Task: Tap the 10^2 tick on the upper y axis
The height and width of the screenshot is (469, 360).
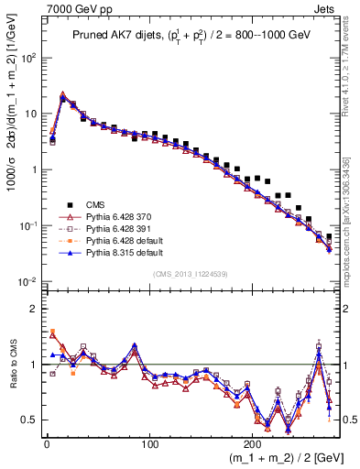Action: pyautogui.click(x=27, y=57)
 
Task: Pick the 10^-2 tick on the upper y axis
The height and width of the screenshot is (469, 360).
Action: pyautogui.click(x=27, y=281)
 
